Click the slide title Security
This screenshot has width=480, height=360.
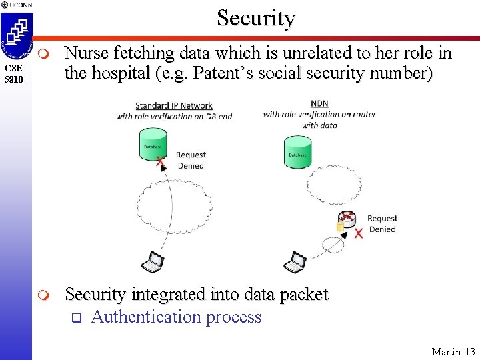click(x=255, y=18)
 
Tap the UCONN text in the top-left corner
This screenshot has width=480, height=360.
click(x=23, y=5)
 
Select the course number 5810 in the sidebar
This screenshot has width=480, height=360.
click(x=14, y=80)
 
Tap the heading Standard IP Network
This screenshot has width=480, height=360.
click(x=174, y=105)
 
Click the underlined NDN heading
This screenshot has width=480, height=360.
click(x=319, y=103)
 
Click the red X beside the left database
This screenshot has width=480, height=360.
click(x=160, y=161)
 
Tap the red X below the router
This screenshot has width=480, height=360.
click(x=359, y=233)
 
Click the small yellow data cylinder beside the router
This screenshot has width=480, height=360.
click(x=339, y=228)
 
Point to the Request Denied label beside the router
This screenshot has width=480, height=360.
click(x=382, y=223)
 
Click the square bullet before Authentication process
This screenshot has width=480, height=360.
click(x=75, y=317)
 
